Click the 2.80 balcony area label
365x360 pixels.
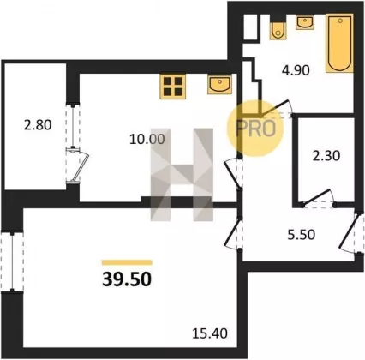(x=38, y=125)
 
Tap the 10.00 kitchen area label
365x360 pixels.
(x=147, y=140)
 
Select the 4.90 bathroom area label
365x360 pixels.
(x=296, y=70)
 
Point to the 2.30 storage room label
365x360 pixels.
(x=326, y=156)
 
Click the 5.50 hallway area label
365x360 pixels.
(x=302, y=235)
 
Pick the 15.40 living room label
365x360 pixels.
(x=210, y=333)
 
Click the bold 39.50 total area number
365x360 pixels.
(x=127, y=279)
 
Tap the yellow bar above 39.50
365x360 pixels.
(x=127, y=262)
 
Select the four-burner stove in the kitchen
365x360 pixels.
(x=173, y=87)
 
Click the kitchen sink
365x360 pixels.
(x=219, y=85)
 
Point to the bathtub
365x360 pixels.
(x=339, y=43)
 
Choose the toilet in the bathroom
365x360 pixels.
(x=278, y=30)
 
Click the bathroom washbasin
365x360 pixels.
(x=305, y=22)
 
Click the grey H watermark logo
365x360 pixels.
(x=182, y=175)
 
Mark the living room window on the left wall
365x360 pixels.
(x=12, y=261)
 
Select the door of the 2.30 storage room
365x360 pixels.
(x=319, y=199)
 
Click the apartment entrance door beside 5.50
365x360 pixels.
(x=352, y=232)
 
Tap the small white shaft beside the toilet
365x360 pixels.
(x=251, y=27)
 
